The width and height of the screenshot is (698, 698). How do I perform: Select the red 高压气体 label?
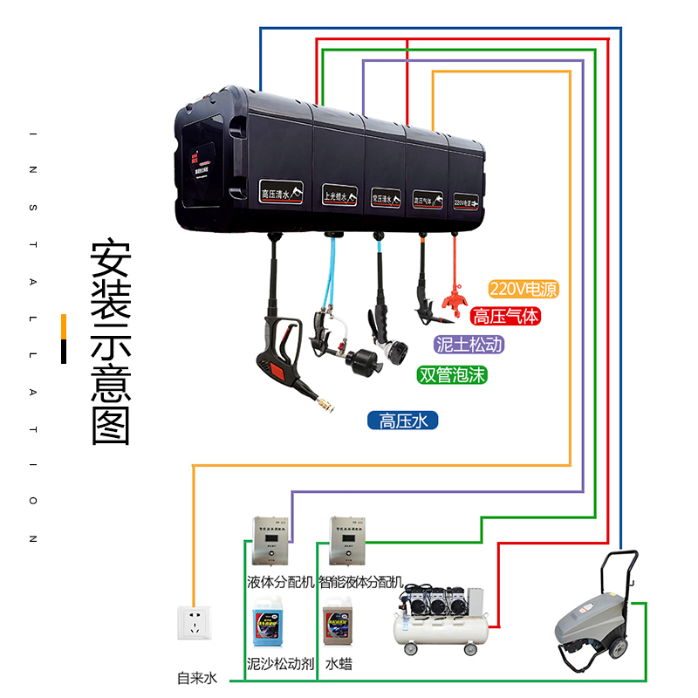[506, 317]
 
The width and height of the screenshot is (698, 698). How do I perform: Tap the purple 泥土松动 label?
[469, 345]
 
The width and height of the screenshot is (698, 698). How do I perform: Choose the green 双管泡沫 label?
[451, 375]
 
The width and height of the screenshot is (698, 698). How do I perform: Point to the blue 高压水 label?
[402, 421]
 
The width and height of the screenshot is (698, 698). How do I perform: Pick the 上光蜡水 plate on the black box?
[340, 195]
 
